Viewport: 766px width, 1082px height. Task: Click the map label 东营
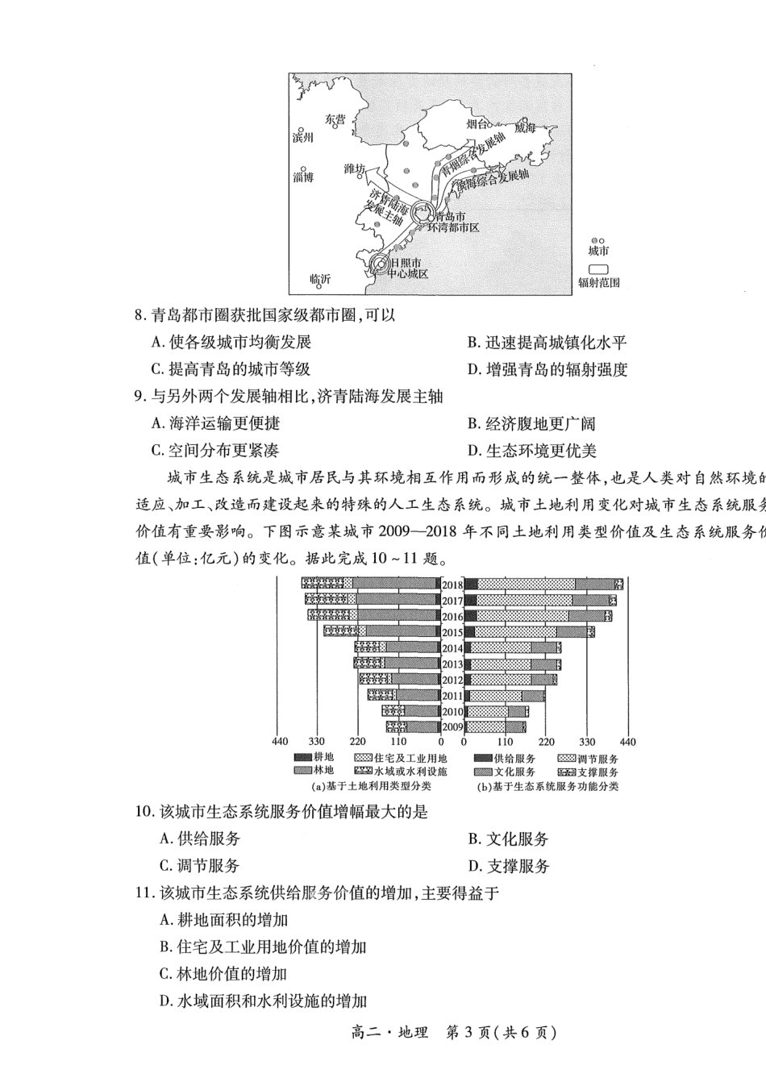pos(335,119)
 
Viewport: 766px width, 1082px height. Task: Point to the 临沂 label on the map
pos(320,280)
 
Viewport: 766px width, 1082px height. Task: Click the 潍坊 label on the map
pos(354,169)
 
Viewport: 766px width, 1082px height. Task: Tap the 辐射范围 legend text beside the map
pos(598,283)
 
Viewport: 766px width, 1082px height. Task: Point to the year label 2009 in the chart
pos(452,726)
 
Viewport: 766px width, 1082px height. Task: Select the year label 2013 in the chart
pos(452,664)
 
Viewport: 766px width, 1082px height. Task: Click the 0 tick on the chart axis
pos(441,743)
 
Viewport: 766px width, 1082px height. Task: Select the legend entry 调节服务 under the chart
pos(597,759)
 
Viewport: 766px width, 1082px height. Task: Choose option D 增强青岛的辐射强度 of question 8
pos(547,370)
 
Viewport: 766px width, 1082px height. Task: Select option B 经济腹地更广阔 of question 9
pos(532,424)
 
